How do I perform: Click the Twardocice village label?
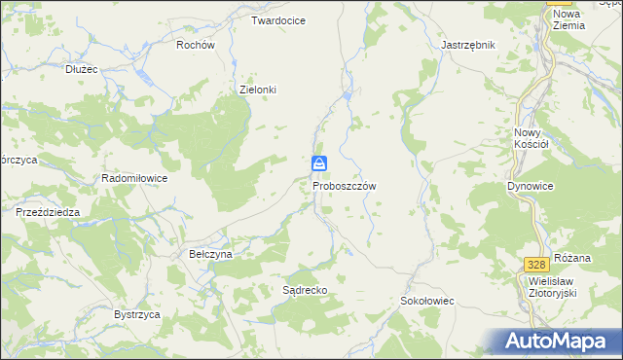[278, 20]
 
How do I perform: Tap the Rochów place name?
[195, 45]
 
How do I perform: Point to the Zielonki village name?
[259, 90]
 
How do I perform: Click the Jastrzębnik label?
[468, 46]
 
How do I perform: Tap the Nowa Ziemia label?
[568, 19]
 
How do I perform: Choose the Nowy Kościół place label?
[531, 137]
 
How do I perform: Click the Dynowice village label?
[531, 185]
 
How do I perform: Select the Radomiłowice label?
[135, 179]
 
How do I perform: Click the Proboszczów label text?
[345, 185]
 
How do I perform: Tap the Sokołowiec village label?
[427, 302]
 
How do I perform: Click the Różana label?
[572, 258]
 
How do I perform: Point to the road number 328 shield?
[534, 265]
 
